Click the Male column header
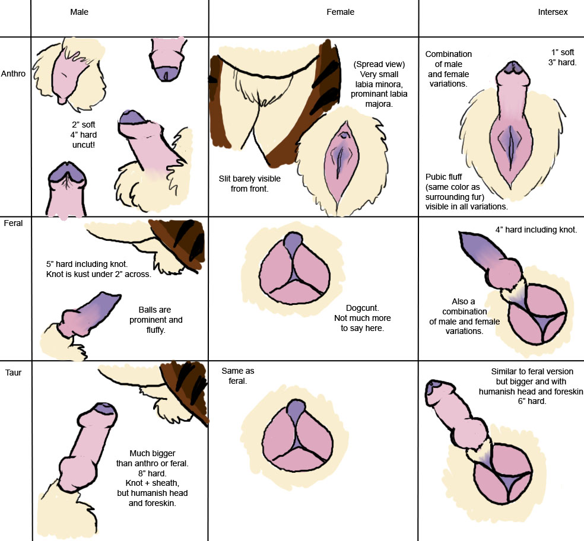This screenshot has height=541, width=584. pos(79,12)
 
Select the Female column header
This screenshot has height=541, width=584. pos(340,12)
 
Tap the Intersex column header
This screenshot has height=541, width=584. pos(553,12)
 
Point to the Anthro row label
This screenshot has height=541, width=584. pos(14,74)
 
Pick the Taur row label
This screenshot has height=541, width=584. pos(13,373)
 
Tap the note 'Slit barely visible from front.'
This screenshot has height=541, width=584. pos(249,184)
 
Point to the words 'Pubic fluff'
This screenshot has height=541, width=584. pos(445,177)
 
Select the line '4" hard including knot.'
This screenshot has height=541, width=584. pos(536,230)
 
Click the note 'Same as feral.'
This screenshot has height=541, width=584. pos(237,375)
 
